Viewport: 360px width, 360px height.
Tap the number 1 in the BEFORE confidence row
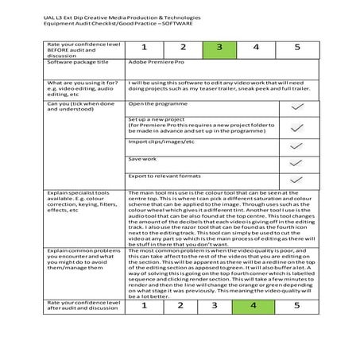145,48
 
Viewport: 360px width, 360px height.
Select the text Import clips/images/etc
161,141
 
